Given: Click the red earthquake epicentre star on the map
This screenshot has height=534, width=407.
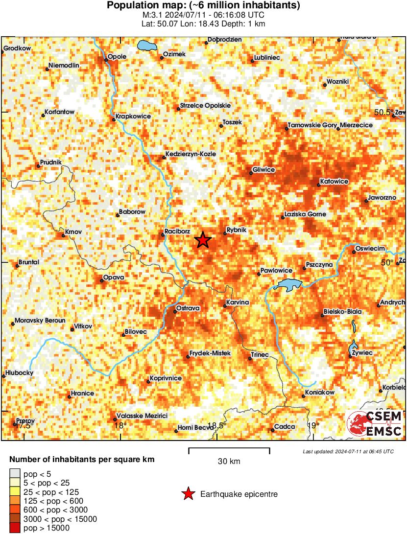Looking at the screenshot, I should [x=203, y=240].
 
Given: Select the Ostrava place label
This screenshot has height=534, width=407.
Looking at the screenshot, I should [x=188, y=308].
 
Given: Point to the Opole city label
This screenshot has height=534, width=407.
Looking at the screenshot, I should [x=117, y=56].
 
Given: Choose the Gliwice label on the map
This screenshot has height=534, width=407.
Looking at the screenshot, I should [x=263, y=169].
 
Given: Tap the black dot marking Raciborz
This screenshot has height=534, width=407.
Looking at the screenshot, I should [x=163, y=235].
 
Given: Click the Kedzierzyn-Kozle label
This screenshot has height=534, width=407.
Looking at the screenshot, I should [x=191, y=154].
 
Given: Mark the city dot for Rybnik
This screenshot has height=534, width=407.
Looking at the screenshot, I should [x=225, y=233].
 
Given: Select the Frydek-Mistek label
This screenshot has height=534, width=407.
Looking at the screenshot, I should [x=210, y=353].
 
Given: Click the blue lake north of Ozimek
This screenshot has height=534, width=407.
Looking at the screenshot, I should [x=146, y=46].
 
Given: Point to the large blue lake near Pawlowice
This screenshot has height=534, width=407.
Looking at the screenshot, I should [x=289, y=284].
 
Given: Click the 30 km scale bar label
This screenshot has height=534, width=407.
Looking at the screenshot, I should [x=229, y=461].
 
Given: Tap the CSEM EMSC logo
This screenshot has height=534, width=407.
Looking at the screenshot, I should [x=375, y=424].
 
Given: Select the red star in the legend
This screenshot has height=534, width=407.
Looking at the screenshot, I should [x=188, y=494].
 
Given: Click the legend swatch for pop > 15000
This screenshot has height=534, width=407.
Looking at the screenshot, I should [x=15, y=528].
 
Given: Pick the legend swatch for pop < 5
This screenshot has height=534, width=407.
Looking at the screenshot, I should [x=15, y=474].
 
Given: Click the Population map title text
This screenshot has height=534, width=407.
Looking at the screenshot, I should [x=203, y=6].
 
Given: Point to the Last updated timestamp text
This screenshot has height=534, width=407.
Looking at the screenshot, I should [x=348, y=451].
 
